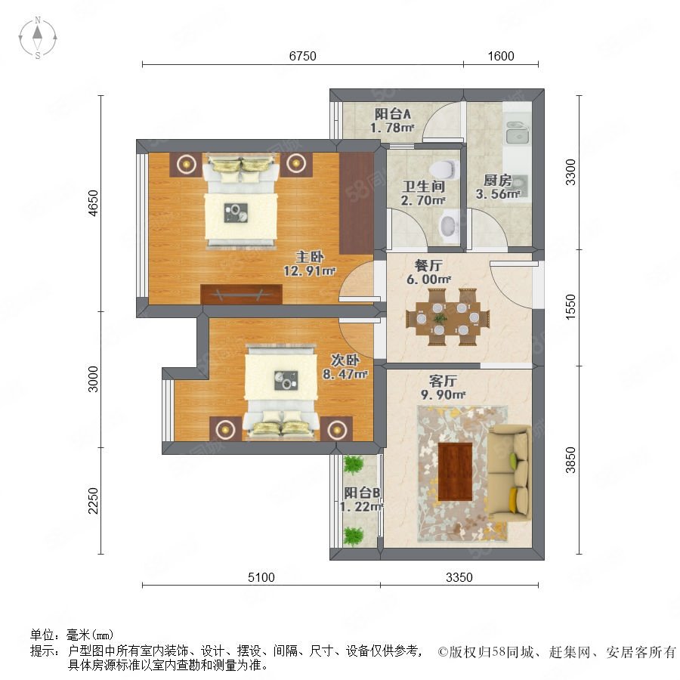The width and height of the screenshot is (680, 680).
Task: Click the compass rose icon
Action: (38, 38)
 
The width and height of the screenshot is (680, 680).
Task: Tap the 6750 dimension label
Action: (302, 56)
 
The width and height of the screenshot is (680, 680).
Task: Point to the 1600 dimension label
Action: (501, 56)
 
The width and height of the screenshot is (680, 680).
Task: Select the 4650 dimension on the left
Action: (93, 203)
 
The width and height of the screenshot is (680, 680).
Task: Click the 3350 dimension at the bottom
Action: (459, 577)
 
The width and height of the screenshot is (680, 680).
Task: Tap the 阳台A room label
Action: (392, 114)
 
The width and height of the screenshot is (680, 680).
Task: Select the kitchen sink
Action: (517, 131)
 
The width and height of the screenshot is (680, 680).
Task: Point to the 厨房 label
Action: (497, 180)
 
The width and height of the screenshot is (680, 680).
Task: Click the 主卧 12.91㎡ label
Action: (309, 264)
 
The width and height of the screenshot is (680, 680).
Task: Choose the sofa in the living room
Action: (508, 471)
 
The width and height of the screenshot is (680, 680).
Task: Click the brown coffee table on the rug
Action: (456, 471)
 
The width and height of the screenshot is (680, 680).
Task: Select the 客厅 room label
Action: (443, 382)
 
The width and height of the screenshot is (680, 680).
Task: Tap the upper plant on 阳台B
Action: (354, 465)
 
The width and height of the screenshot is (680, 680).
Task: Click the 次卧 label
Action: (345, 360)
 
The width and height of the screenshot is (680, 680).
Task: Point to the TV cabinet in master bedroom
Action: (241, 294)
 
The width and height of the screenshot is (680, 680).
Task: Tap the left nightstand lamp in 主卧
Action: (186, 164)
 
